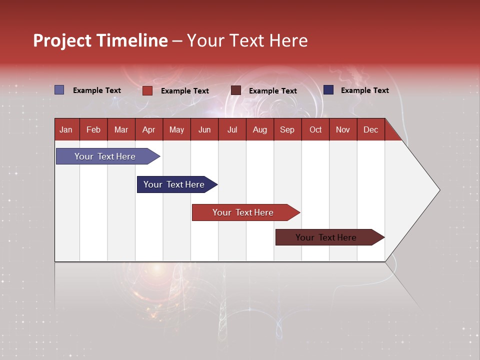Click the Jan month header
[x=66, y=129]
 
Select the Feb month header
[x=93, y=129]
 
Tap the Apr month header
[x=149, y=129]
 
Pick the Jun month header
[x=204, y=129]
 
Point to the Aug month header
[x=260, y=129]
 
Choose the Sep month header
[x=287, y=129]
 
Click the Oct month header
[x=315, y=129]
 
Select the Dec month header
[x=371, y=129]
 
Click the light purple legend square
[x=59, y=90]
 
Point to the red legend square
[x=147, y=90]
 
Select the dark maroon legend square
[x=236, y=90]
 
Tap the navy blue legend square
[x=328, y=90]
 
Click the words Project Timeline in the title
[x=100, y=40]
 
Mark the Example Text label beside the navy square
[x=364, y=90]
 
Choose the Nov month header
[x=343, y=129]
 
